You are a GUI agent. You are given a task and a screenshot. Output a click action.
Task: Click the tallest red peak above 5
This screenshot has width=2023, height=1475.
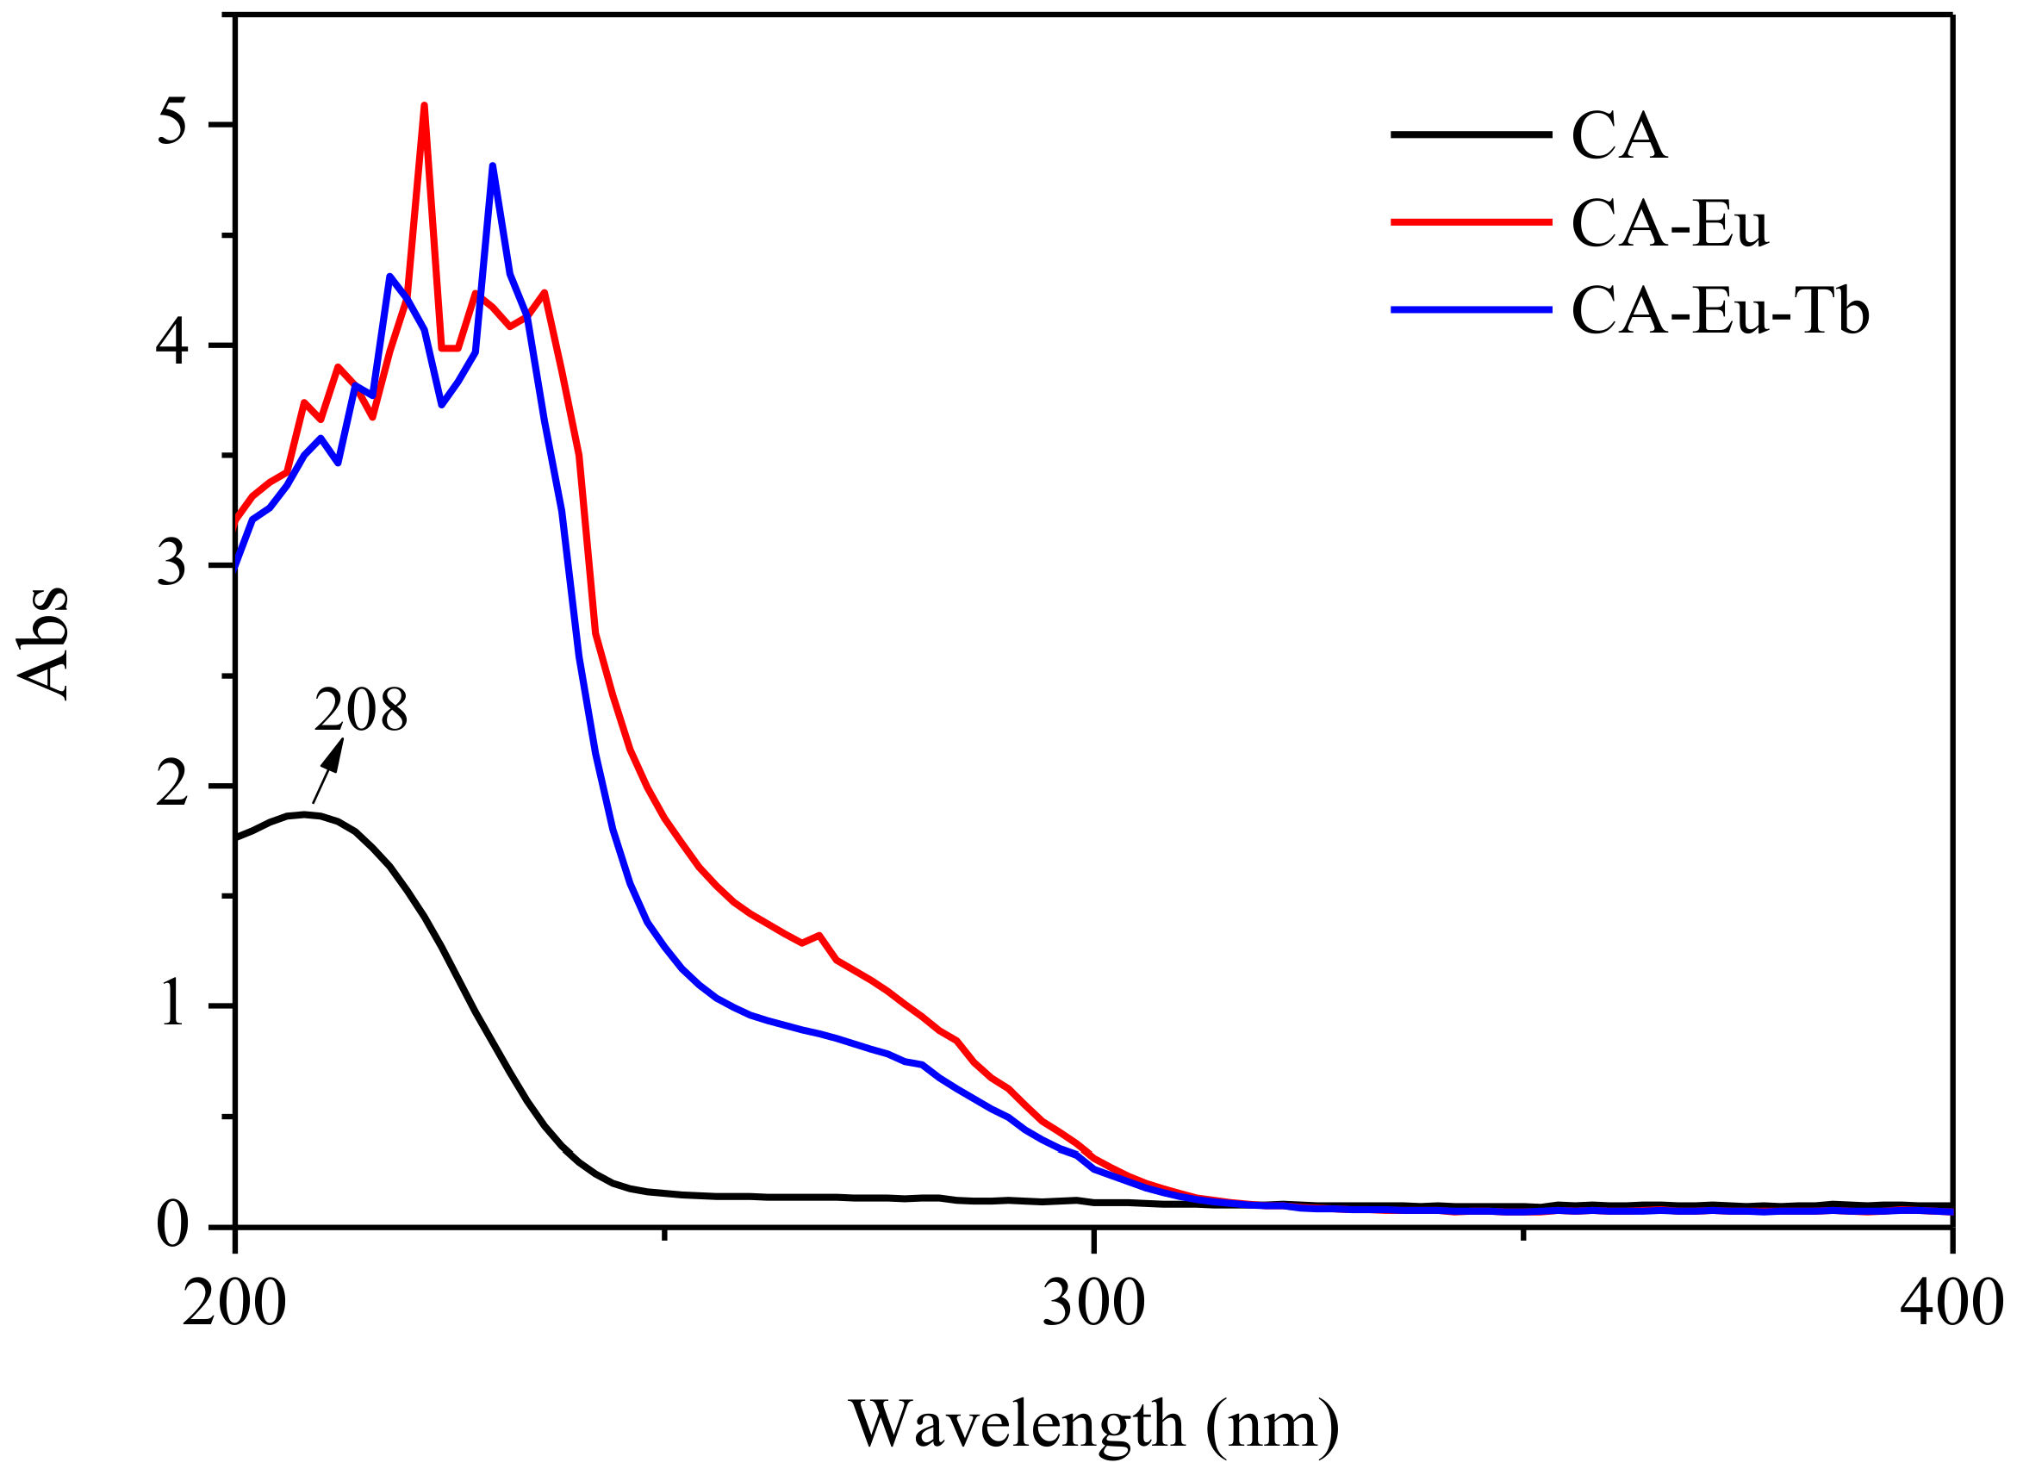[424, 107]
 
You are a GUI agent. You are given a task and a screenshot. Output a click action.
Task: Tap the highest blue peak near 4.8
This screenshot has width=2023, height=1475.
[493, 167]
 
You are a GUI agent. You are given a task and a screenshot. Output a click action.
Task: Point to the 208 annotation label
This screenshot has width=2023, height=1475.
[361, 711]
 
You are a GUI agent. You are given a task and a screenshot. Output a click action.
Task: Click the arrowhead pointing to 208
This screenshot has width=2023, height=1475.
[334, 755]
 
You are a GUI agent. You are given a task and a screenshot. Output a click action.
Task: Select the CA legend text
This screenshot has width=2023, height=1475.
[1619, 137]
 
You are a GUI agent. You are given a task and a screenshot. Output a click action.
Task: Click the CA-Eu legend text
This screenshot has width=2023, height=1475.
[1670, 223]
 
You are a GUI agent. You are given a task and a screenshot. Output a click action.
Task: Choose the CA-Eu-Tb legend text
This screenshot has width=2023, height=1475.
[1720, 311]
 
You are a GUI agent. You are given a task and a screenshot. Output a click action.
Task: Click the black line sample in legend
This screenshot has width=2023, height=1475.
[1472, 134]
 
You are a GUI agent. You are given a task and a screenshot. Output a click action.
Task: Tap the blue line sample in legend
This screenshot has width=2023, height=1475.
[1472, 310]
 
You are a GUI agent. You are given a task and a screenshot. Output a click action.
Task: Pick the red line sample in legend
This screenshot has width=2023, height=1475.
[1472, 221]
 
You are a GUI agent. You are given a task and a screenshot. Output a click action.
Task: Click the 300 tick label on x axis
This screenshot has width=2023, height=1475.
[1093, 1304]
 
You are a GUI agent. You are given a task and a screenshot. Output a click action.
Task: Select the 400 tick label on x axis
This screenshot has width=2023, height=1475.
[1951, 1304]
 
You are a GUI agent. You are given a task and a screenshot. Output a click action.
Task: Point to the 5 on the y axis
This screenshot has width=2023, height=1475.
[172, 123]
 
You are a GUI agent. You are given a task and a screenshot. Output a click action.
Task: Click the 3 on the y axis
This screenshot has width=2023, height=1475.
[172, 564]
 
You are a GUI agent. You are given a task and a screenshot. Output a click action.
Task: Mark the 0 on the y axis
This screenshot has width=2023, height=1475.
[172, 1225]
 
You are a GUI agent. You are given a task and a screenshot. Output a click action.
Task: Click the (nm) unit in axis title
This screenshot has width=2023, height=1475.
[1273, 1423]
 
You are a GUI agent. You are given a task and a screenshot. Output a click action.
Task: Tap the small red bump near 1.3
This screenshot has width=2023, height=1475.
[819, 936]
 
